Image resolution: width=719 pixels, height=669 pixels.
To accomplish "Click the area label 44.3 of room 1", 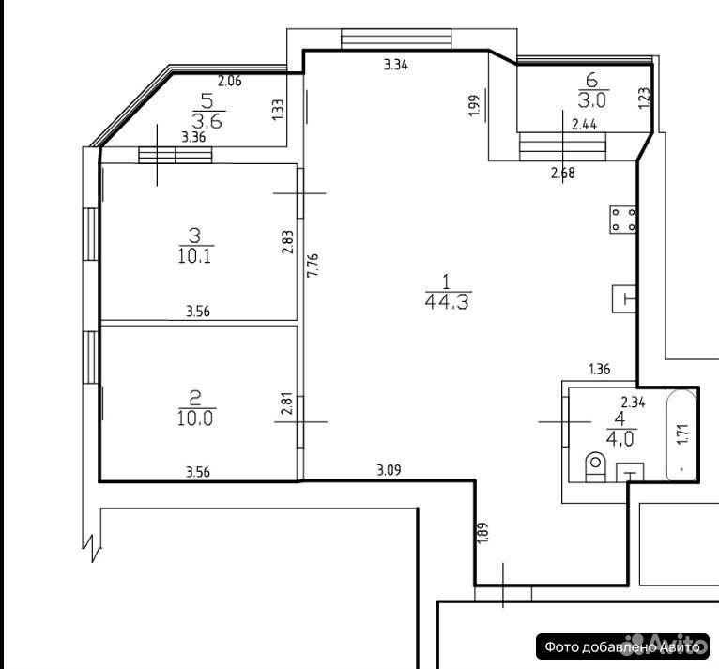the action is [447, 302].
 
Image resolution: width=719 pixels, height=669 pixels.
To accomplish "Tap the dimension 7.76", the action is [314, 266].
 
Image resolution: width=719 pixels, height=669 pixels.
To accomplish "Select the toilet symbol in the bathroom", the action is [596, 466].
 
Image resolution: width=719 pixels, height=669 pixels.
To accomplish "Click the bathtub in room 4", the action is [681, 435].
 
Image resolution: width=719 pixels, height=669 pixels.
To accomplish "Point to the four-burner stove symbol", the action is [623, 220].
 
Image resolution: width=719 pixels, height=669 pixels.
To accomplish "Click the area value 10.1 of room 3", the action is [194, 256].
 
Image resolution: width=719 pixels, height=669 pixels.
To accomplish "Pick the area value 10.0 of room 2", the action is [195, 418].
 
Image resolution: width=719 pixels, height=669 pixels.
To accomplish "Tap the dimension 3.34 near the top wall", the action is [396, 65].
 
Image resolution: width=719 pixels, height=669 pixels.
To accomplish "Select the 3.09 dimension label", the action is [389, 470].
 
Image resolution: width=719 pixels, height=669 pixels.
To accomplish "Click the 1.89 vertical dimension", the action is [482, 532].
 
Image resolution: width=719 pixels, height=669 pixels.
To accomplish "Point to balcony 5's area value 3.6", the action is [207, 121].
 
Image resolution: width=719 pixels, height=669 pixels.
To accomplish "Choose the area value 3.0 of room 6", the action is [592, 99].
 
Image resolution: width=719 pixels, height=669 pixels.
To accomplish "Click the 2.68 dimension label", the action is [562, 173].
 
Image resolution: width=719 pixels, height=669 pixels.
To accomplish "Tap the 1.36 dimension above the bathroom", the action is [599, 369].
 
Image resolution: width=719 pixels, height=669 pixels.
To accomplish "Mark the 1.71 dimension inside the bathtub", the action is [682, 433].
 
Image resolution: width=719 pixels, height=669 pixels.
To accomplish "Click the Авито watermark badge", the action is [622, 646].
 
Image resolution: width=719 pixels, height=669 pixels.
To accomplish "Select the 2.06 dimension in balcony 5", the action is [229, 81].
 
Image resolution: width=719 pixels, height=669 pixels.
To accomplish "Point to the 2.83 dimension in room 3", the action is [287, 242].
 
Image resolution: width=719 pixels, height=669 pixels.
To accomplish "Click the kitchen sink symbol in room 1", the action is [624, 298].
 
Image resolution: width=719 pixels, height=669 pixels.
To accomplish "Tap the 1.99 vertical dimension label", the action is [475, 106].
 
